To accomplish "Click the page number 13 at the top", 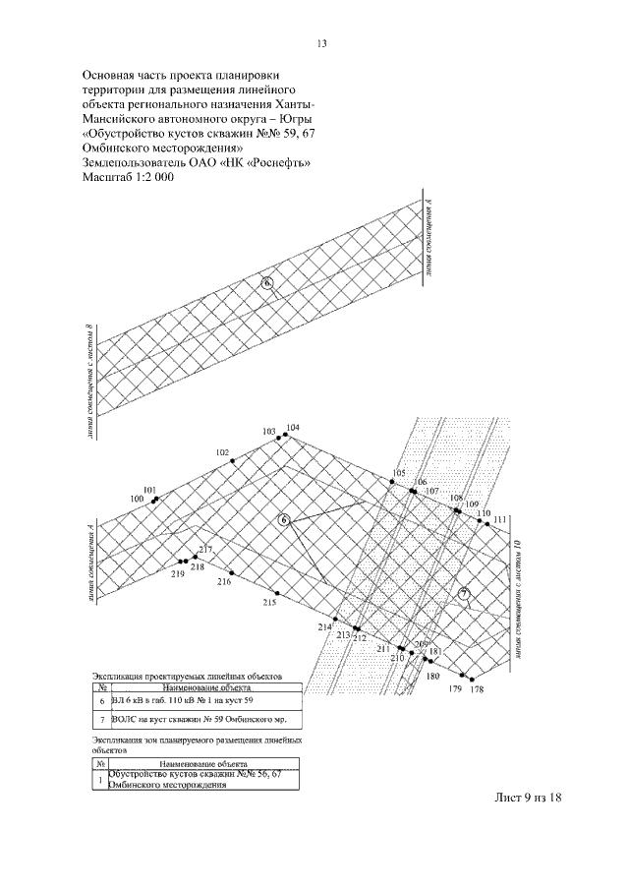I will [321, 44].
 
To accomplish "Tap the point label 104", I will [293, 429].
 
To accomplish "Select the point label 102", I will [222, 452].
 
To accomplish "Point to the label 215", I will [269, 602].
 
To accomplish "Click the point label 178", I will [478, 689].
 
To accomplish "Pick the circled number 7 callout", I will [465, 593].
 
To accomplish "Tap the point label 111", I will [500, 518].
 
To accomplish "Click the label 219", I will [178, 573].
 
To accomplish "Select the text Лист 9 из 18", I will [526, 798].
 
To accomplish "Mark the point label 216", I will [224, 582].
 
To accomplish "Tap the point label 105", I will [398, 473].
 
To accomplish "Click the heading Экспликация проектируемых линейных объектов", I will [187, 678].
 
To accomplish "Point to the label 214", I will [324, 626].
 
